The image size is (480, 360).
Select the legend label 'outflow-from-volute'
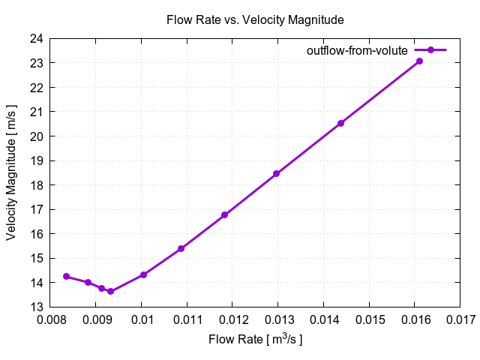[x=357, y=50]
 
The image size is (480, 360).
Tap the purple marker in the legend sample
[x=431, y=50]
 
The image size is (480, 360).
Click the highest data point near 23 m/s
[x=419, y=61]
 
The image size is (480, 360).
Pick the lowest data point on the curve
[x=110, y=291]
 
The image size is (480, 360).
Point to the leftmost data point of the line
[x=66, y=276]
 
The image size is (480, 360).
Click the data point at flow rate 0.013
[x=276, y=173]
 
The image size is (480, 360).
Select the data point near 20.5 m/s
[x=340, y=123]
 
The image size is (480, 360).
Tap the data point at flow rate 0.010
[x=143, y=274]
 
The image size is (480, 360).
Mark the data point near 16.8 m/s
[x=224, y=215]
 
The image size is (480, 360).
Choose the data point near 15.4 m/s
[x=181, y=248]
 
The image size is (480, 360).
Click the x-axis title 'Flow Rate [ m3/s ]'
[x=255, y=340]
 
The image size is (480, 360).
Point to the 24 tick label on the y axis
[x=35, y=38]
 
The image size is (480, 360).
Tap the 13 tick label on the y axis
[x=35, y=307]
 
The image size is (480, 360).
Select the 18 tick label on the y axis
[x=35, y=185]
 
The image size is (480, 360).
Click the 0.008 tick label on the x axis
[x=51, y=320]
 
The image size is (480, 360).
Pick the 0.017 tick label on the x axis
[x=460, y=320]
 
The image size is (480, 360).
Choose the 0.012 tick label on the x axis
[x=233, y=320]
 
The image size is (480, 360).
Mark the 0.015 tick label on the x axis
[x=370, y=320]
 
